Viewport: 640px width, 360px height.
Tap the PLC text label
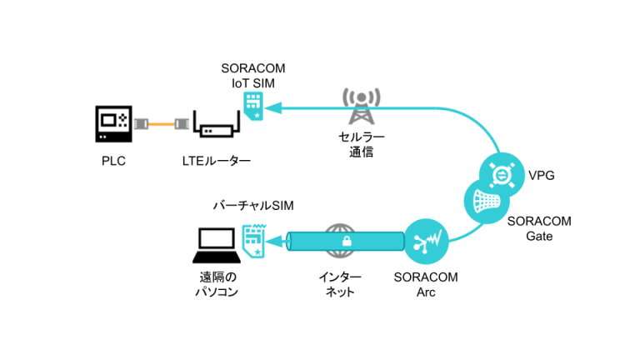pyautogui.click(x=113, y=161)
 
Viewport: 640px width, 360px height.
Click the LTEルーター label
pyautogui.click(x=217, y=161)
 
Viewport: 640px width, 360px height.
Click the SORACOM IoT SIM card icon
pyautogui.click(x=252, y=106)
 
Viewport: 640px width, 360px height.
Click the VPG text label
pyautogui.click(x=542, y=176)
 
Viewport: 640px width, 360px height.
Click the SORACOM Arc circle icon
pyautogui.click(x=426, y=241)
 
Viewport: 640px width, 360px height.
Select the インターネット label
pyautogui.click(x=339, y=283)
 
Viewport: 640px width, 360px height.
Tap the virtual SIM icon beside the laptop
pyautogui.click(x=253, y=239)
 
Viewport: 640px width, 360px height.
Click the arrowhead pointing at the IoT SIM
pyautogui.click(x=273, y=107)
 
